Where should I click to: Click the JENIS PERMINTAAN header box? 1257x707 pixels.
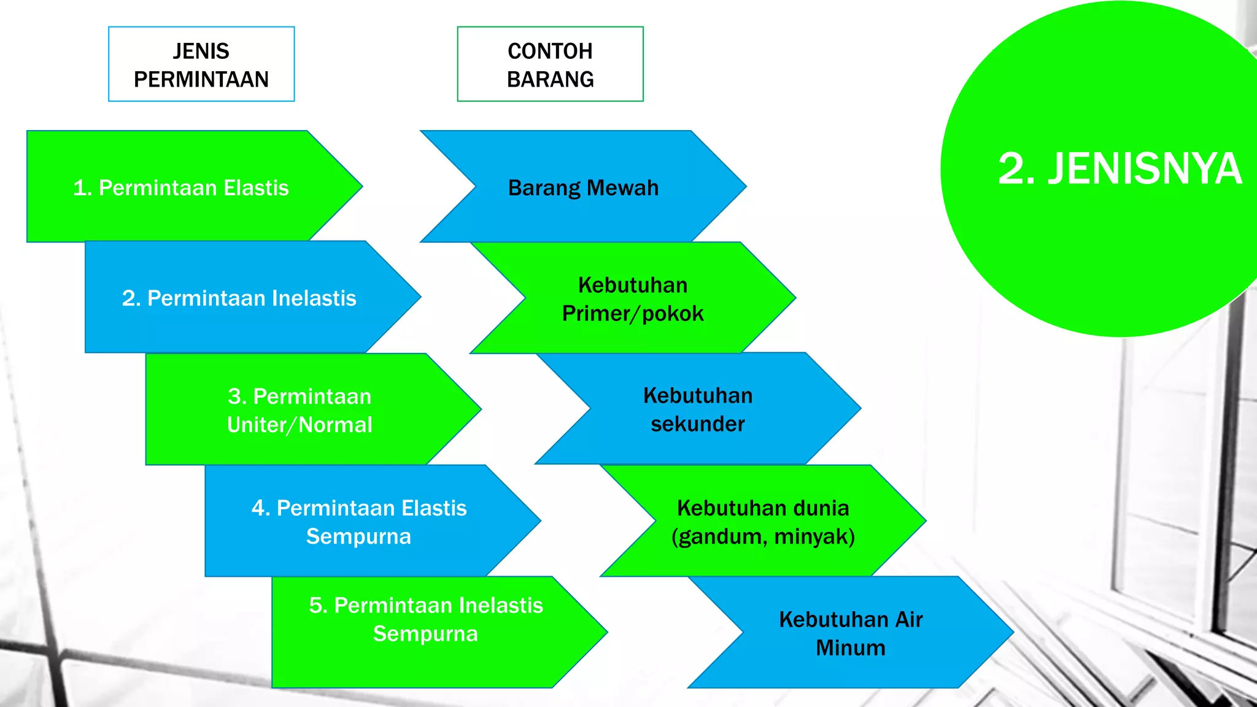click(x=201, y=64)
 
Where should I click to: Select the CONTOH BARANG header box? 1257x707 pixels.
click(x=550, y=64)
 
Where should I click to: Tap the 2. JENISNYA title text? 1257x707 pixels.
click(x=1120, y=169)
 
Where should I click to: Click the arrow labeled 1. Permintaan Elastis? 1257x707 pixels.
click(x=181, y=187)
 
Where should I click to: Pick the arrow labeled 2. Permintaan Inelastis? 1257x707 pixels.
click(x=239, y=298)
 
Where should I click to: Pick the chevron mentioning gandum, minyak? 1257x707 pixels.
click(x=763, y=522)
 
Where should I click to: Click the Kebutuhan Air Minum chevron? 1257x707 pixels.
click(x=851, y=633)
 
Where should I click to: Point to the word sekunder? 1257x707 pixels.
click(x=698, y=424)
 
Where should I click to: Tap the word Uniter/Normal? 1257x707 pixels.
click(x=300, y=425)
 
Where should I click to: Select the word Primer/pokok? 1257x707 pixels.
click(x=633, y=314)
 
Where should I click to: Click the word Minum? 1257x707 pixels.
click(x=851, y=648)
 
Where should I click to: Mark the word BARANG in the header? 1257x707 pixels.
click(x=550, y=79)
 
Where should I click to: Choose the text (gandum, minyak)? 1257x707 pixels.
click(x=763, y=536)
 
